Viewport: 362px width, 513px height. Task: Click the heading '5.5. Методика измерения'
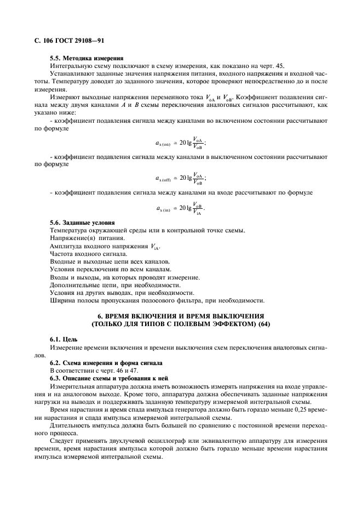click(x=86, y=58)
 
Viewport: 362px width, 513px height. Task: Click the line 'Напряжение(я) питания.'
click(x=87, y=239)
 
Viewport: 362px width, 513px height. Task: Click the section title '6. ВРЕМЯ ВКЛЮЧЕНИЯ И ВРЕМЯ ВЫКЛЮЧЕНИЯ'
click(x=181, y=316)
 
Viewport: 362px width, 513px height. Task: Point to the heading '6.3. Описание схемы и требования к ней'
click(x=109, y=379)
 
